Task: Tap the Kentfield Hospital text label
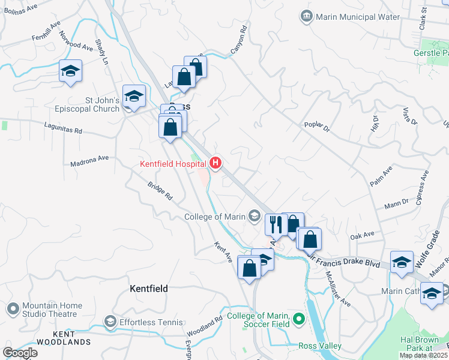tap(173, 163)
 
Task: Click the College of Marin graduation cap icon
tap(255, 216)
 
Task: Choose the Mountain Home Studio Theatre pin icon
tap(13, 309)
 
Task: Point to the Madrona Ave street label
tap(89, 160)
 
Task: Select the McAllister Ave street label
tap(337, 287)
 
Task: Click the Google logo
tap(20, 352)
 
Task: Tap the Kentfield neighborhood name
tap(149, 289)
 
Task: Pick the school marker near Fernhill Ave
tap(70, 71)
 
